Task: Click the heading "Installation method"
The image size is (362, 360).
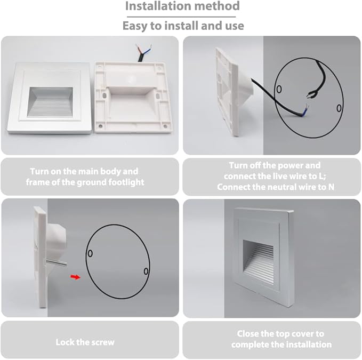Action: [x=182, y=7]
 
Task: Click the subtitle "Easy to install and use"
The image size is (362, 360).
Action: [x=183, y=25]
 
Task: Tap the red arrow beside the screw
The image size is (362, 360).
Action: [x=77, y=277]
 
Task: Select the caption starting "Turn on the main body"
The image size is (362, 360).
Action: [x=84, y=177]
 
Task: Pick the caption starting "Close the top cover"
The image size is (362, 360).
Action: [x=281, y=339]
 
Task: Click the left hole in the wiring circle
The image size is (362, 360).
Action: [x=278, y=89]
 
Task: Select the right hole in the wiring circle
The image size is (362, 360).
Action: [x=339, y=109]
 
